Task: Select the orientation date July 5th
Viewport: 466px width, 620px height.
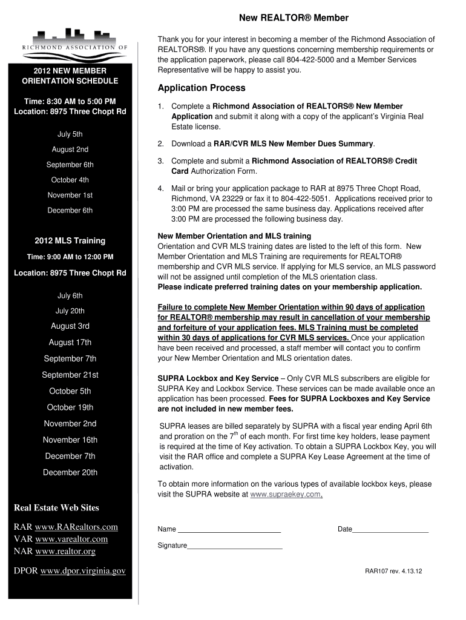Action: (70, 134)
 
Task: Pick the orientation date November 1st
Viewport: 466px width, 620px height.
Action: (70, 195)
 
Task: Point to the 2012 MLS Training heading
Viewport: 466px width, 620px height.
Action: (70, 240)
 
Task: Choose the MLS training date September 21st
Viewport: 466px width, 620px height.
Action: (70, 375)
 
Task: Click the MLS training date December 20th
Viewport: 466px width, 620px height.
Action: (70, 472)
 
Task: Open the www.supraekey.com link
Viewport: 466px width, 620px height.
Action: (285, 494)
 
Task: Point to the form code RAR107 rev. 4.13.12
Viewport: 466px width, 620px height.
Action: (393, 571)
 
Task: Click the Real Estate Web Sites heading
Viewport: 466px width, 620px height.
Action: (56, 507)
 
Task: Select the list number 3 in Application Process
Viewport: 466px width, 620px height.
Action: (161, 161)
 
